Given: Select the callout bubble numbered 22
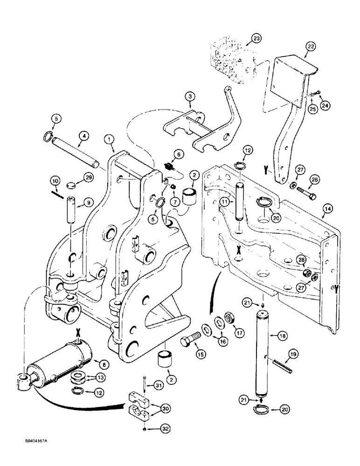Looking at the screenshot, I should click(311, 46).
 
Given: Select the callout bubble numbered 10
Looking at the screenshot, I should click(55, 181).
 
